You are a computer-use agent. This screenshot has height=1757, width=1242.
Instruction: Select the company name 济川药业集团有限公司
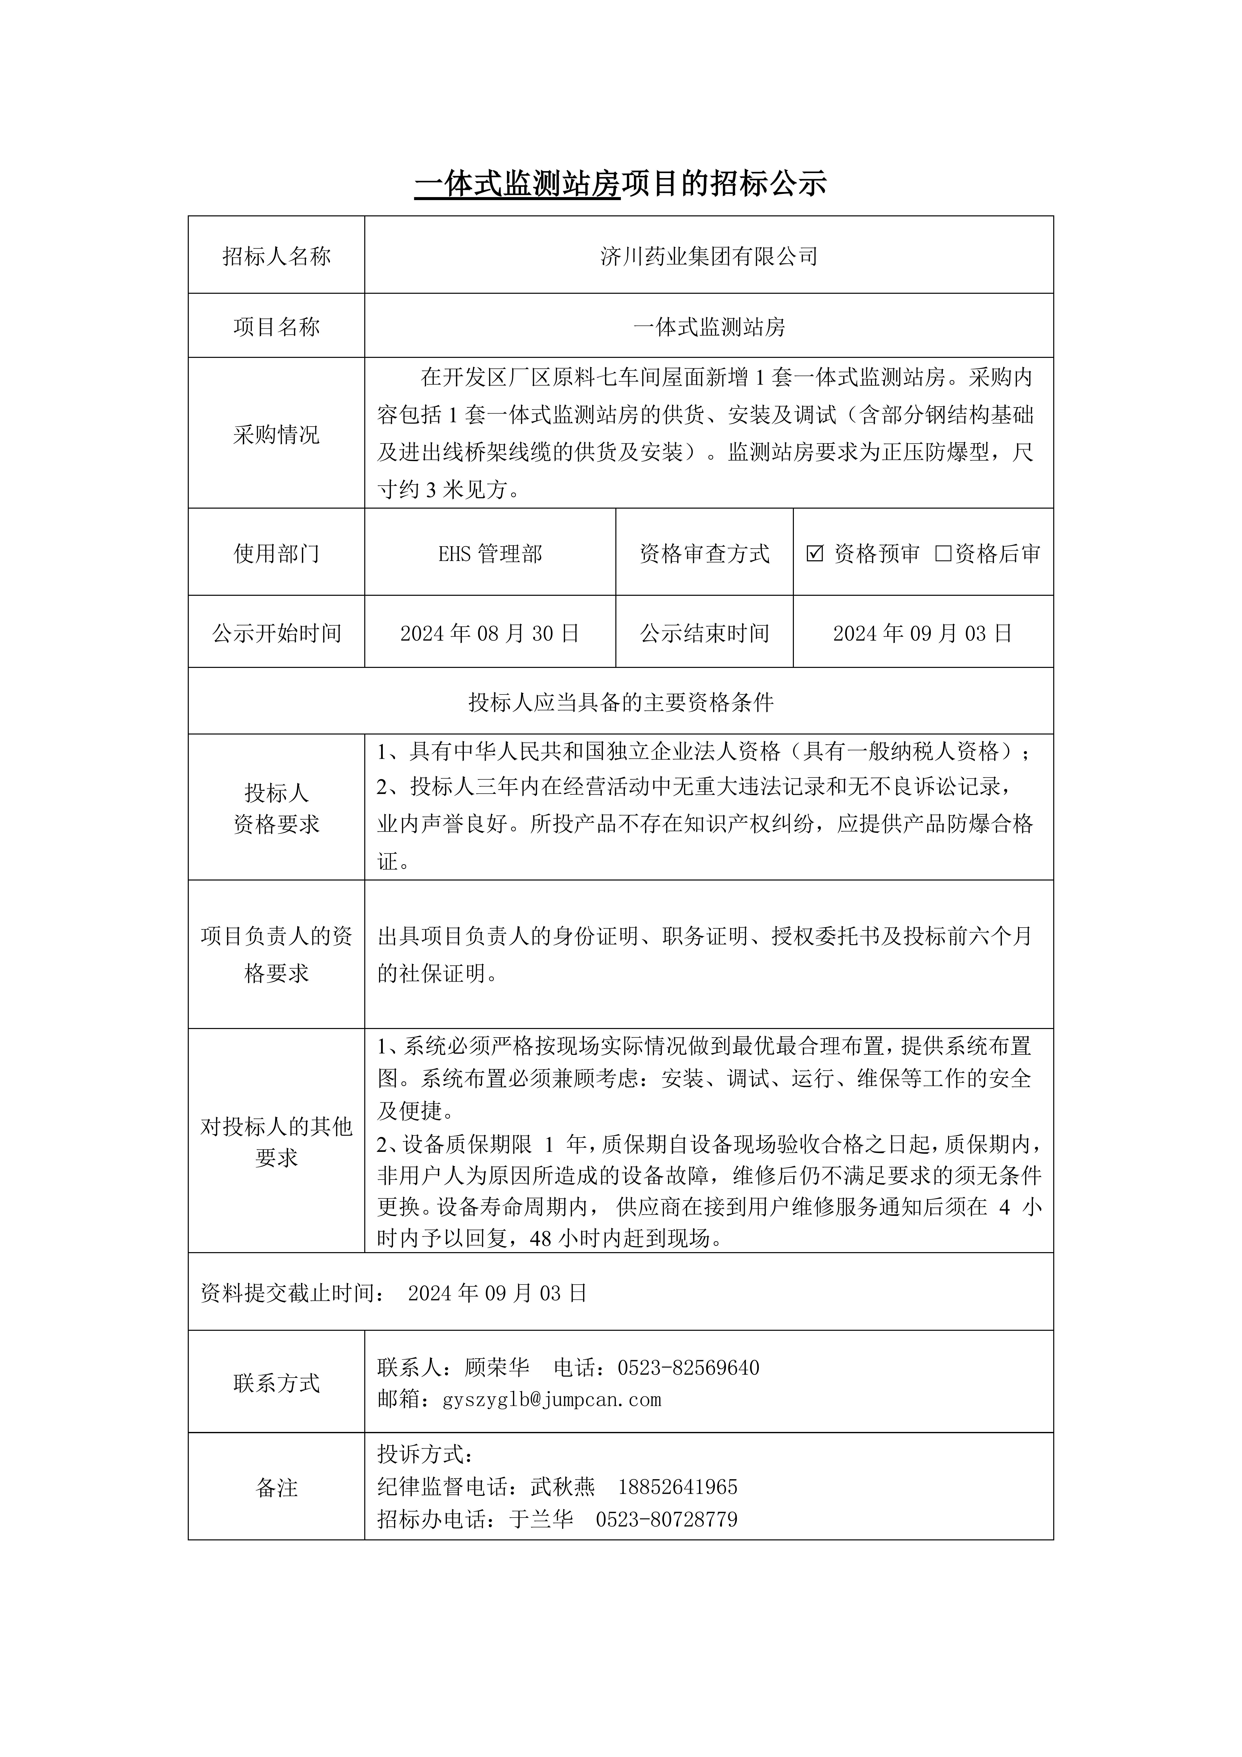(708, 256)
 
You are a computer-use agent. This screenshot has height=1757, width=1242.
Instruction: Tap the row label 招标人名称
(276, 256)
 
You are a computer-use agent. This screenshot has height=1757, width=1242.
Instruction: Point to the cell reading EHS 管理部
(490, 553)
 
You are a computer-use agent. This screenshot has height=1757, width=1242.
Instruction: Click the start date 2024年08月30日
(490, 633)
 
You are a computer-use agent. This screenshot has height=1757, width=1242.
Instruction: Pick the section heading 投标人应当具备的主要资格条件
(621, 702)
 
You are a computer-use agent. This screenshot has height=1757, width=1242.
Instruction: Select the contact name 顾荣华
(497, 1368)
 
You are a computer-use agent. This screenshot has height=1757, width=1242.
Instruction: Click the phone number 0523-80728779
(666, 1519)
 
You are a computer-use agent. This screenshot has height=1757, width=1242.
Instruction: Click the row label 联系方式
(276, 1383)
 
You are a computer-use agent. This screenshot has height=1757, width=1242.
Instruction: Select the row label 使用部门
(276, 553)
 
